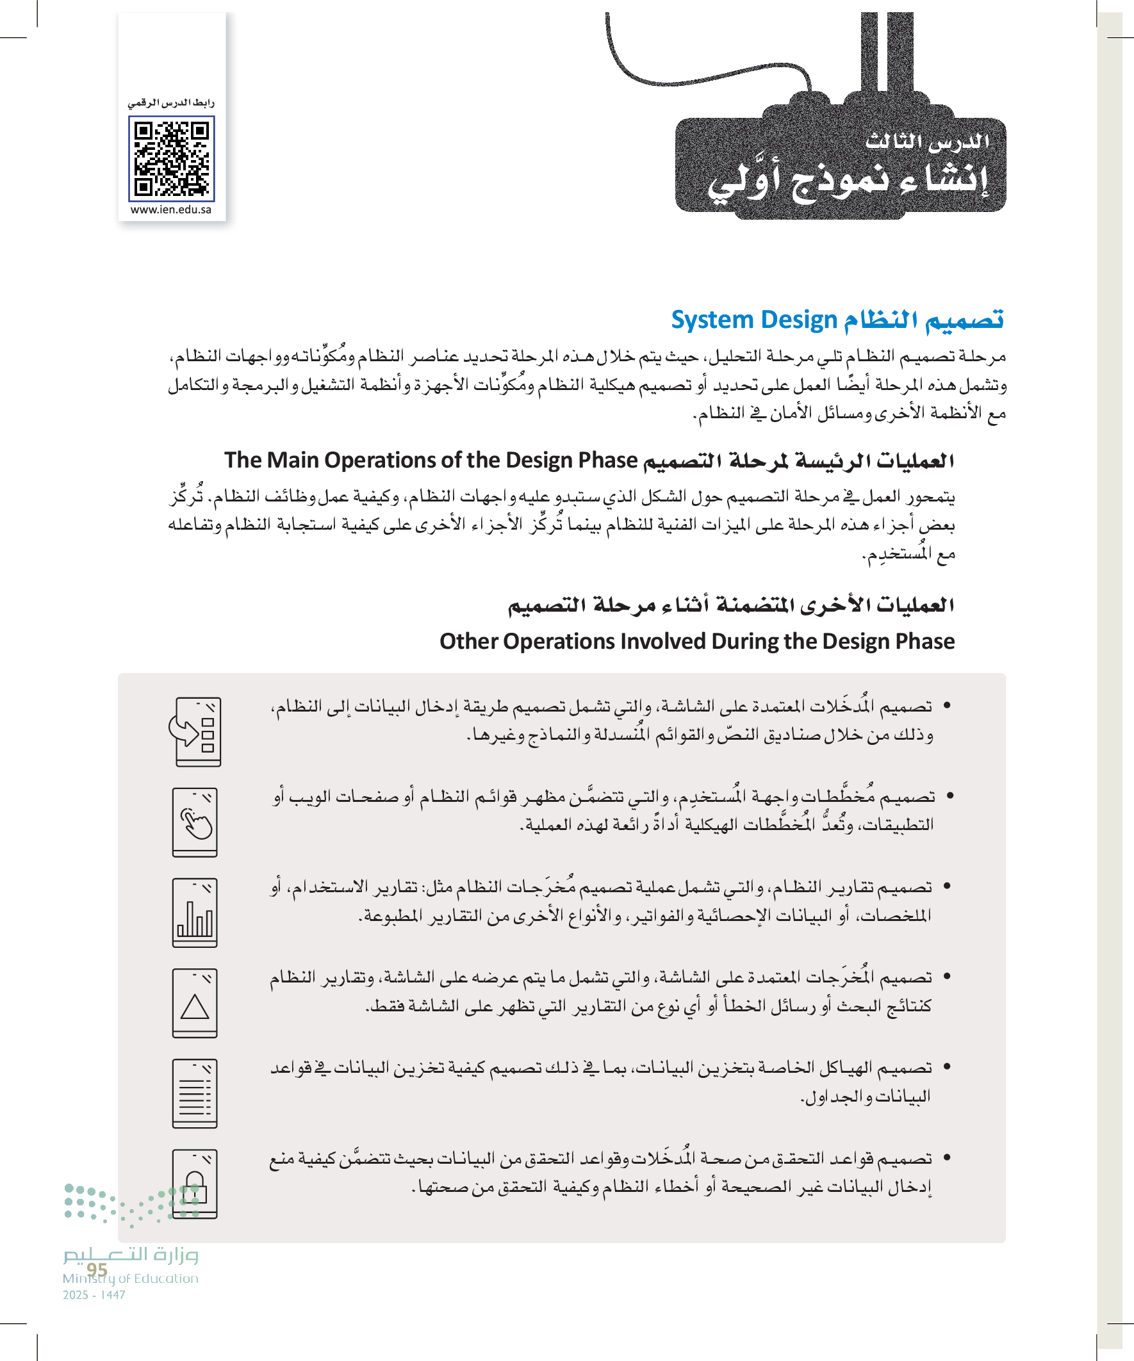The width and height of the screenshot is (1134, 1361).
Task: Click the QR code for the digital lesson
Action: tap(171, 159)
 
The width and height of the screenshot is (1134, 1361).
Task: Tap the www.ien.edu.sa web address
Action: tap(171, 210)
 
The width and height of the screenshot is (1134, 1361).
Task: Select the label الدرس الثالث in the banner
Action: tap(926, 142)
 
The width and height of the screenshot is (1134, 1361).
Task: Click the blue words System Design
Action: tap(754, 320)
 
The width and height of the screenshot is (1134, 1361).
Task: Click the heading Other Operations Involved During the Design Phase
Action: tap(697, 641)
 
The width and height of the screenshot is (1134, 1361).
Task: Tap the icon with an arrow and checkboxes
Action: tap(195, 731)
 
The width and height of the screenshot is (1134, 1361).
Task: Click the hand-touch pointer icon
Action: tap(195, 822)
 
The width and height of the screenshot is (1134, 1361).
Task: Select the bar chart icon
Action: tap(195, 913)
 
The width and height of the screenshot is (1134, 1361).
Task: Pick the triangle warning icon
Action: tap(195, 1003)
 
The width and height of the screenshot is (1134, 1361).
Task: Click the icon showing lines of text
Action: tap(195, 1094)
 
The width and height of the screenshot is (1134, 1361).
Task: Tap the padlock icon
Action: tap(195, 1184)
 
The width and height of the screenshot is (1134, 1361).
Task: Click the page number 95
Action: tap(97, 1269)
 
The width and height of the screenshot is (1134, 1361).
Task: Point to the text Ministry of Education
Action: tap(130, 1278)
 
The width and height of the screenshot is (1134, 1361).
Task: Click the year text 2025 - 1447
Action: tap(94, 1295)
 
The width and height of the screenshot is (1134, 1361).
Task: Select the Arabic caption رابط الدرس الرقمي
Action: tap(171, 103)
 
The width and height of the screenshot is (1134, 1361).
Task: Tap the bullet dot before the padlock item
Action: tap(948, 1157)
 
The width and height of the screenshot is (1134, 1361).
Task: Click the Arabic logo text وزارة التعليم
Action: tap(130, 1255)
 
